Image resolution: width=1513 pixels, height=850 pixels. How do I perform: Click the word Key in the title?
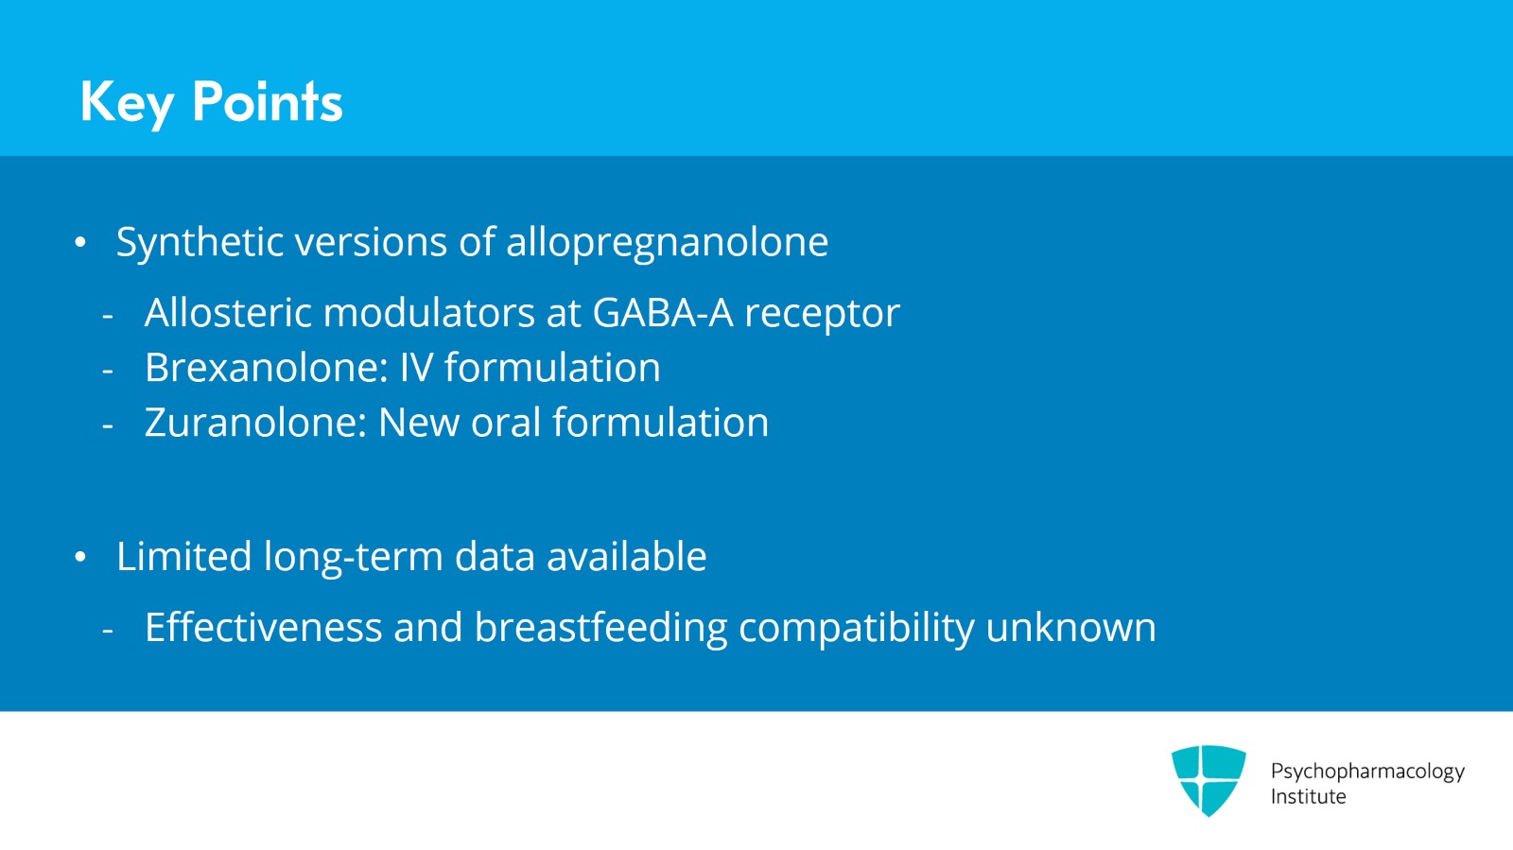pyautogui.click(x=127, y=102)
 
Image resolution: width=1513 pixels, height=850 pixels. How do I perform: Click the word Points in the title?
pyautogui.click(x=267, y=102)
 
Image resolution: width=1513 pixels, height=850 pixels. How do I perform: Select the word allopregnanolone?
pyautogui.click(x=667, y=242)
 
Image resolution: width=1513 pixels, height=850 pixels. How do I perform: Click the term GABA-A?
pyautogui.click(x=662, y=313)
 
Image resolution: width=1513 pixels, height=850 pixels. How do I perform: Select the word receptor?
pyautogui.click(x=822, y=313)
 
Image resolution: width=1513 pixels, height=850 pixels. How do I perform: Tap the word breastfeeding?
pyautogui.click(x=600, y=628)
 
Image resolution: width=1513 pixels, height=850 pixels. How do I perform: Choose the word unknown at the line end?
pyautogui.click(x=1070, y=628)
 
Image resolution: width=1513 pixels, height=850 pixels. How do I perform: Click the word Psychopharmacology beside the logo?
pyautogui.click(x=1366, y=772)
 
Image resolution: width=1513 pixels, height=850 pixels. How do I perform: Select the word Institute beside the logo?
pyautogui.click(x=1308, y=797)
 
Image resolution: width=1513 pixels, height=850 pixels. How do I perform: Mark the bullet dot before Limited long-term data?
pyautogui.click(x=80, y=558)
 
